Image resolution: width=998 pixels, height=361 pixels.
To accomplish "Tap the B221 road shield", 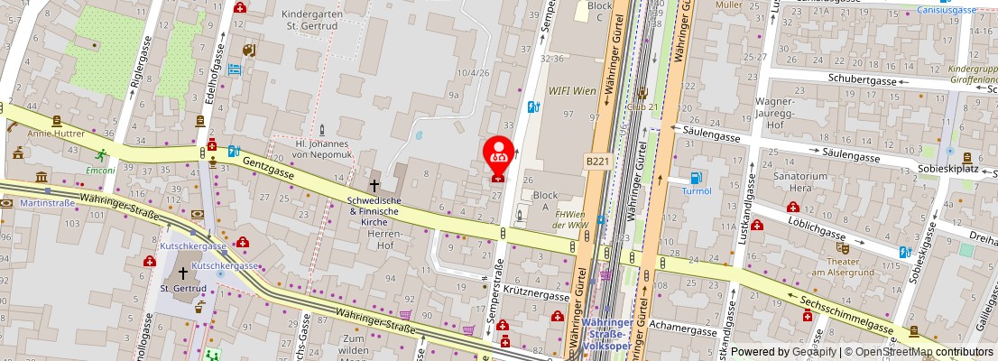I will coord(597,161).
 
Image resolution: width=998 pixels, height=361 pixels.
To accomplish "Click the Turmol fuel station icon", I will coord(696,178).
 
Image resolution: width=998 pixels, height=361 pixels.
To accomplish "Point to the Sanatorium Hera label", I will coord(791,182).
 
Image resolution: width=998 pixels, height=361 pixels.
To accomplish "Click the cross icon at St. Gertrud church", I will coord(183,273).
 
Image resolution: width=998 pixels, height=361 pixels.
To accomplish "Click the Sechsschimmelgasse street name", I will coord(840,311).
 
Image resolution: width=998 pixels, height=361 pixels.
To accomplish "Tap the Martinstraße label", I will coord(47,202).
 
